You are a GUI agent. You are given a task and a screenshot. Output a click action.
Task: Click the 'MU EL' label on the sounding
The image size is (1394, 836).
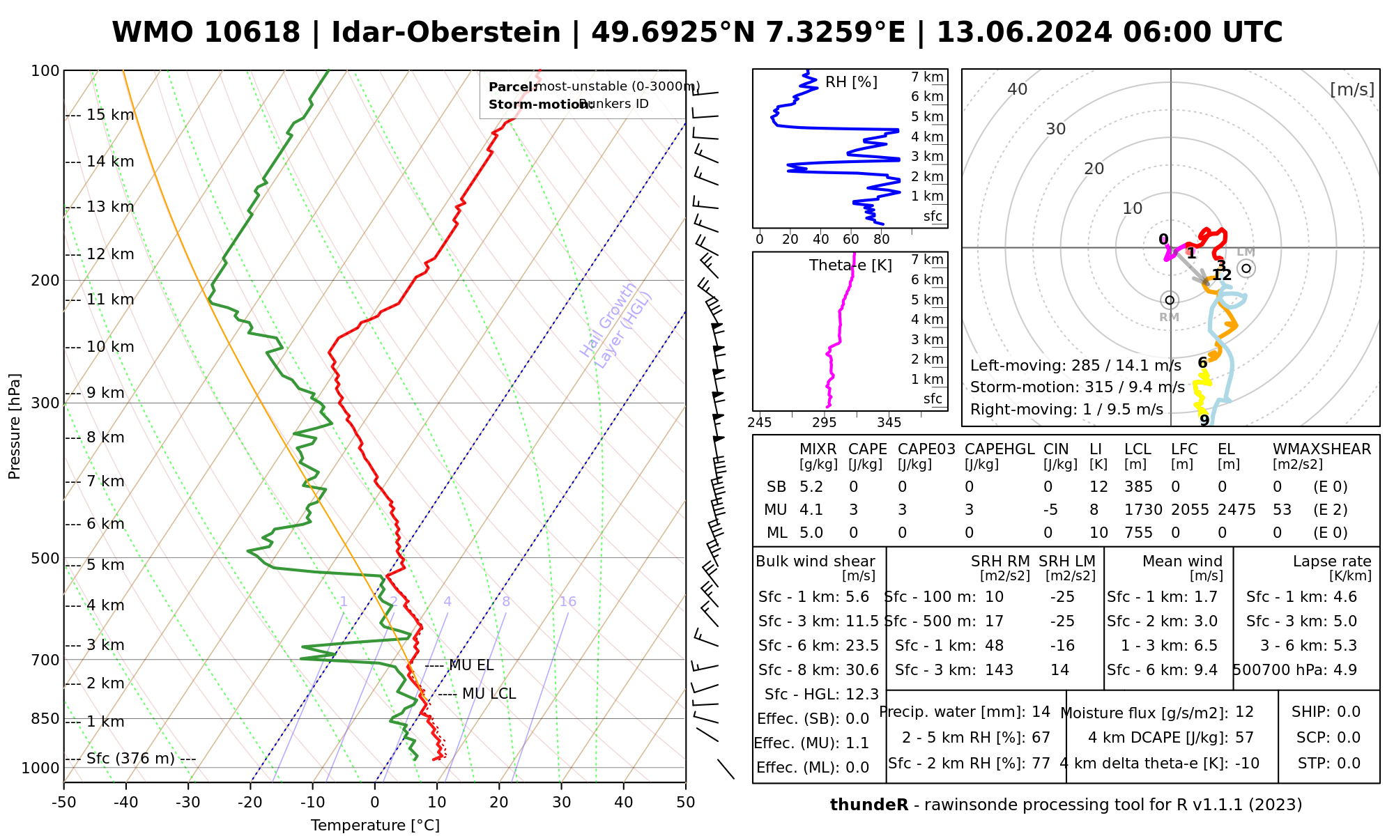[x=471, y=665]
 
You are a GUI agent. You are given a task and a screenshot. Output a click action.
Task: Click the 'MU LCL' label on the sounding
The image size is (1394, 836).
[x=489, y=694]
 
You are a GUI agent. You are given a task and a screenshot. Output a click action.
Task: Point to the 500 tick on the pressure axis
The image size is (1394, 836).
[x=45, y=558]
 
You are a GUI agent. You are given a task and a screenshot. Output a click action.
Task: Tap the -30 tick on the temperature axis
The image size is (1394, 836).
[x=188, y=803]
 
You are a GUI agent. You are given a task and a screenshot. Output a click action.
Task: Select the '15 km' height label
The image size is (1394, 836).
[x=110, y=115]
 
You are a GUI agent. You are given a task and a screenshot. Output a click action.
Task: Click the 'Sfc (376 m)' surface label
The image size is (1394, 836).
[x=130, y=759]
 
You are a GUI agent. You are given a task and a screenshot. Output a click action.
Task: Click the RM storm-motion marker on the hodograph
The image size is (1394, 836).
[x=1170, y=300]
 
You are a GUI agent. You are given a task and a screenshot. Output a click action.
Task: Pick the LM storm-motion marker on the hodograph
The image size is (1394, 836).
[x=1246, y=268]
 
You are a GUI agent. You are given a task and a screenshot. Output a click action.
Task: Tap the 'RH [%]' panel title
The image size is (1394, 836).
[x=851, y=82]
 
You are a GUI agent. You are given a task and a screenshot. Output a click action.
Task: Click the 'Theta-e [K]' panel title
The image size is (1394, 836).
[x=850, y=265]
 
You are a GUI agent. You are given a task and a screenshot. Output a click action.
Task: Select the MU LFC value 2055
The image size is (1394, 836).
[x=1190, y=510]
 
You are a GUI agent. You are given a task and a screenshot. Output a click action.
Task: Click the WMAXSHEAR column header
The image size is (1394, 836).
[x=1322, y=449]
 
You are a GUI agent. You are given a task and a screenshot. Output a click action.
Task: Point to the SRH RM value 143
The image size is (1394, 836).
[x=999, y=670]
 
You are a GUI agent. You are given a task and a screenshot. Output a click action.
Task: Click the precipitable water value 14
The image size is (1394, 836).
[x=1041, y=712]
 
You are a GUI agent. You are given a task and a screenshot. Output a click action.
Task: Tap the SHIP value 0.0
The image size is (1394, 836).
[x=1348, y=712]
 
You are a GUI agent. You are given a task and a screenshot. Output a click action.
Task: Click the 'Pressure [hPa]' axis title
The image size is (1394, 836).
[x=15, y=426]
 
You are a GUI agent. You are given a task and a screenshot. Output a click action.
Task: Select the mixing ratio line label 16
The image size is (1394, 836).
[x=568, y=602]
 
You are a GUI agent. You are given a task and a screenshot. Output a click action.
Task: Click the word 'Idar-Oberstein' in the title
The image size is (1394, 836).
[x=446, y=33]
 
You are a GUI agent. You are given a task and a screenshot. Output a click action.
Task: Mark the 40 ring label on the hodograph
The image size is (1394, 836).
[x=1018, y=89]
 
